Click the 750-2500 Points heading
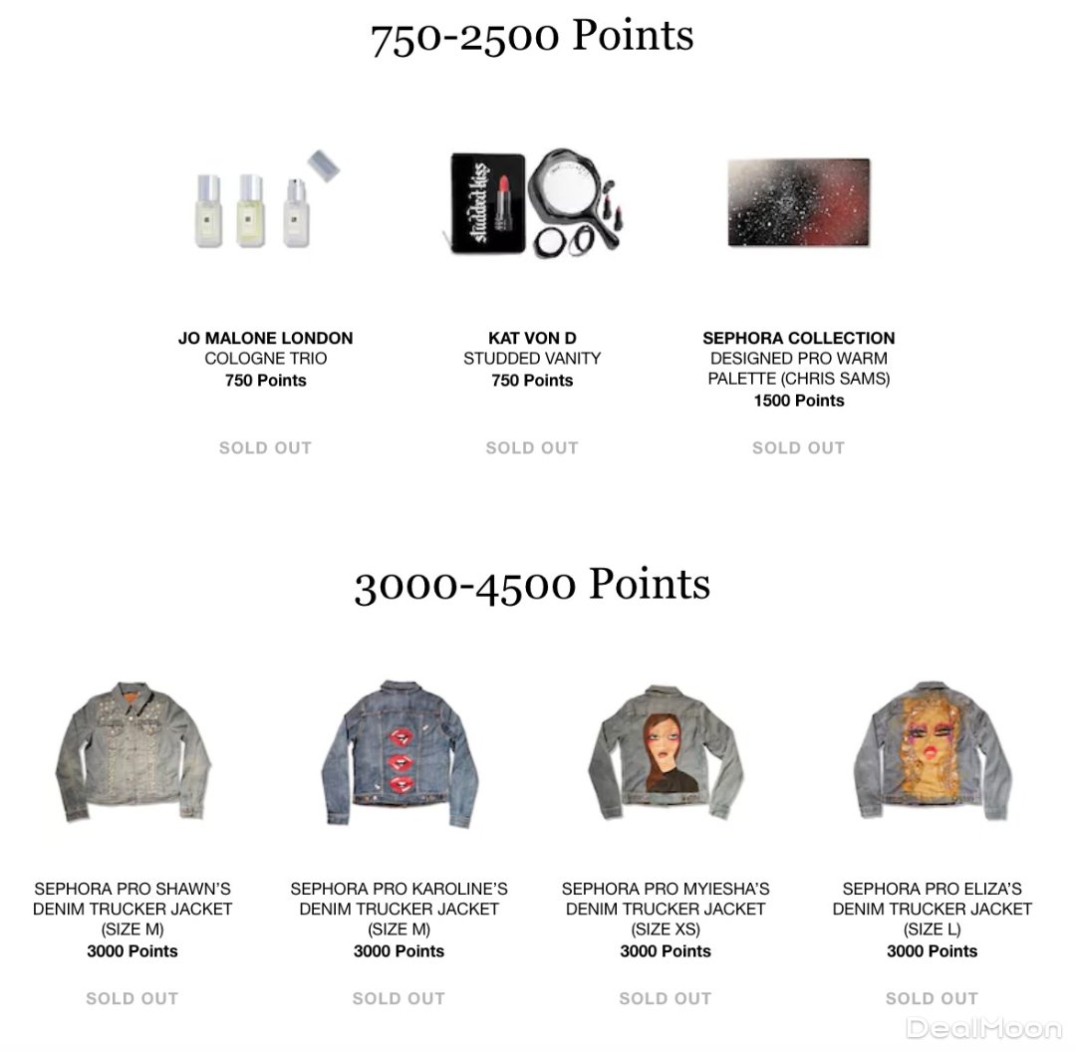click(x=532, y=37)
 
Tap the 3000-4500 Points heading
click(x=532, y=585)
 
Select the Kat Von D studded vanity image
click(x=532, y=204)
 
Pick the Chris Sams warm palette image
click(x=798, y=203)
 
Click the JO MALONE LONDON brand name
click(x=265, y=339)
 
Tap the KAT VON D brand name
click(x=532, y=339)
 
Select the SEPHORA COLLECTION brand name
click(x=798, y=339)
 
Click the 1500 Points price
click(x=798, y=400)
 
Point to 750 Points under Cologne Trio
click(x=265, y=381)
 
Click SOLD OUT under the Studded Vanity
click(x=532, y=448)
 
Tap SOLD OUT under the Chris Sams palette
click(x=798, y=448)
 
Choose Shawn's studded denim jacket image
click(x=133, y=751)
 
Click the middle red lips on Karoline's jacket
click(x=400, y=767)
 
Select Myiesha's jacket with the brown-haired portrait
click(x=665, y=754)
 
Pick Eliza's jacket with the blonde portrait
click(x=932, y=751)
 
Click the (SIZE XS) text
click(x=665, y=930)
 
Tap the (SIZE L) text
click(x=932, y=930)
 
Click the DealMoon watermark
click(x=982, y=1027)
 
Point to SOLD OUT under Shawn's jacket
click(x=133, y=998)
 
